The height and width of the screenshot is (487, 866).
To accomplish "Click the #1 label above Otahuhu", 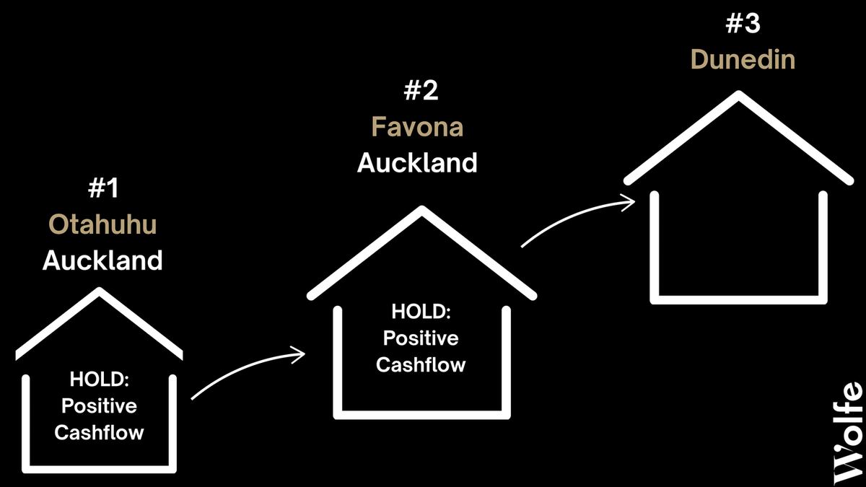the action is tap(103, 188).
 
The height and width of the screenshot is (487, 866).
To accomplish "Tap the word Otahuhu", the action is tap(102, 224).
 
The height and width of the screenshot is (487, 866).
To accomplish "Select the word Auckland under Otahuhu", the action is tap(102, 260).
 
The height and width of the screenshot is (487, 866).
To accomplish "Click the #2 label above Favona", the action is tap(421, 91).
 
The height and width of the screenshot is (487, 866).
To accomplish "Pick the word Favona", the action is tap(418, 127).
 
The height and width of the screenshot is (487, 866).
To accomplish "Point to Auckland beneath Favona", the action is tap(418, 162).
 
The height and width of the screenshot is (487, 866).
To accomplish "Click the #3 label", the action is tap(743, 23).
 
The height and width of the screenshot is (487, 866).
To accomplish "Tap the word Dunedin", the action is tap(743, 59).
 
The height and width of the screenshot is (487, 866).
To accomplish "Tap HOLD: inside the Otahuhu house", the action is tap(100, 379).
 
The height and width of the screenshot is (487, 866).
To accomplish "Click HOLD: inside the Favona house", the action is tap(421, 312).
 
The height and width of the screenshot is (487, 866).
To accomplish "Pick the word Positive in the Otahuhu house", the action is tap(100, 405).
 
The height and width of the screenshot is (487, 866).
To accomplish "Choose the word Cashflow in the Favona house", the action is tap(421, 364).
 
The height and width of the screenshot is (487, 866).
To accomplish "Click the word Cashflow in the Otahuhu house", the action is tap(100, 432).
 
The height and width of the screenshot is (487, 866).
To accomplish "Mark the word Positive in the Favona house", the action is tap(421, 338).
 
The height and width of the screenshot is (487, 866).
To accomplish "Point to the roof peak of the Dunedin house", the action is tap(739, 94).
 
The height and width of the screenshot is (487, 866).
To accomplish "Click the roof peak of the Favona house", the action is tap(421, 209).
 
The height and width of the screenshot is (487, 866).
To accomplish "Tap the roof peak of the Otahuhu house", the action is tap(100, 291).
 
